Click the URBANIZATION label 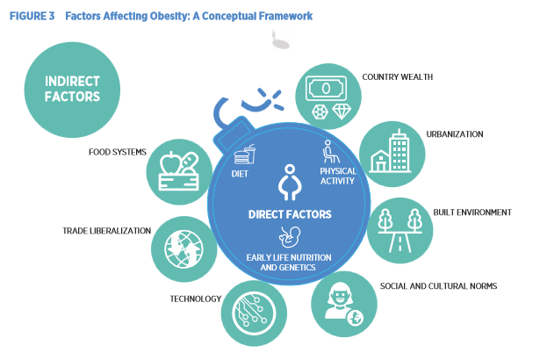(455, 134)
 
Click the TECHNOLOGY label (195, 299)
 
